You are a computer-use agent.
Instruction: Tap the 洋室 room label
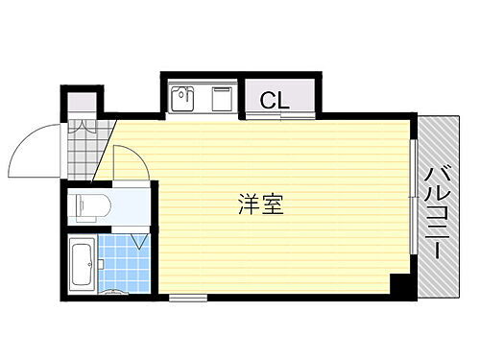(260, 204)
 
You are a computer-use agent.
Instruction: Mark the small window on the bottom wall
(187, 298)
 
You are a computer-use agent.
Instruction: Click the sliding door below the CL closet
(278, 117)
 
